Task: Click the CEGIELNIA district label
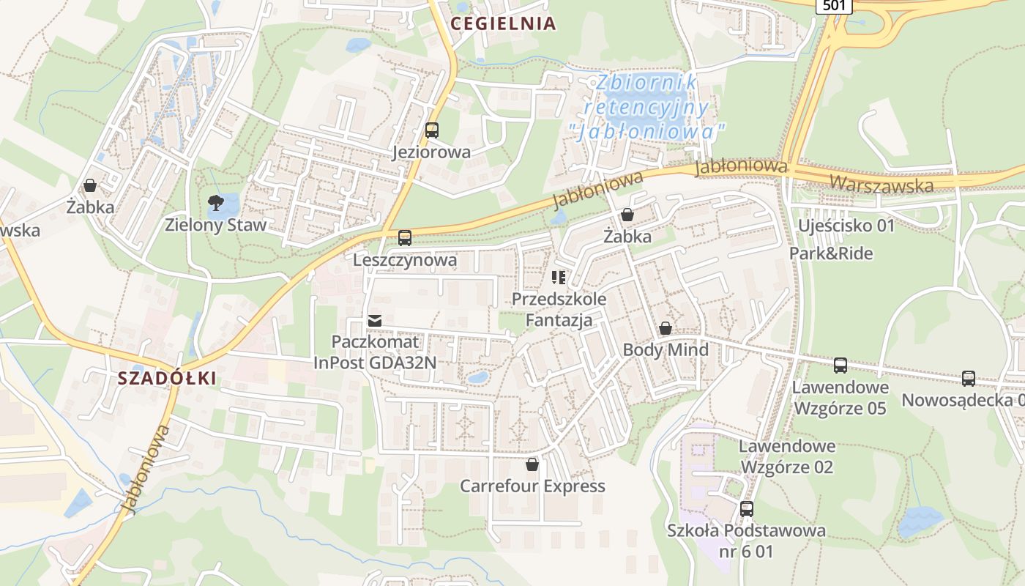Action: tap(503, 23)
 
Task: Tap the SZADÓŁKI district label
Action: tap(167, 378)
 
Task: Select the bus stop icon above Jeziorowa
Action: tap(432, 131)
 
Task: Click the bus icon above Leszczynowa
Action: tap(405, 238)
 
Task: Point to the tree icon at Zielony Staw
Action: tap(215, 203)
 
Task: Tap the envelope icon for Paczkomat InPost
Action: tap(376, 321)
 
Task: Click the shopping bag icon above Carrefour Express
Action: tap(532, 464)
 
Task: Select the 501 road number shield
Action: tap(835, 6)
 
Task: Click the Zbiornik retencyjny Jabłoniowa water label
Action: tap(647, 107)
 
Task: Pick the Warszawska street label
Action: tap(881, 182)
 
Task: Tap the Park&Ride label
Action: tap(830, 253)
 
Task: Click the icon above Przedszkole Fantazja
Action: tap(559, 278)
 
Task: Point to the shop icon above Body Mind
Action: tap(666, 329)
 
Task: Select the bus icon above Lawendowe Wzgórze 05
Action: tap(840, 365)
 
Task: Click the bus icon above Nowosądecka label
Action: tap(969, 379)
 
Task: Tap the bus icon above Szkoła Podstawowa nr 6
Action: tap(747, 508)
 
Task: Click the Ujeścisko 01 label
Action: tap(846, 226)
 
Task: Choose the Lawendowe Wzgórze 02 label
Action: tap(787, 456)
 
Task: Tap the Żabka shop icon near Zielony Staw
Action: tap(90, 186)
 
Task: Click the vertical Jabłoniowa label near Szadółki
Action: tap(146, 469)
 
